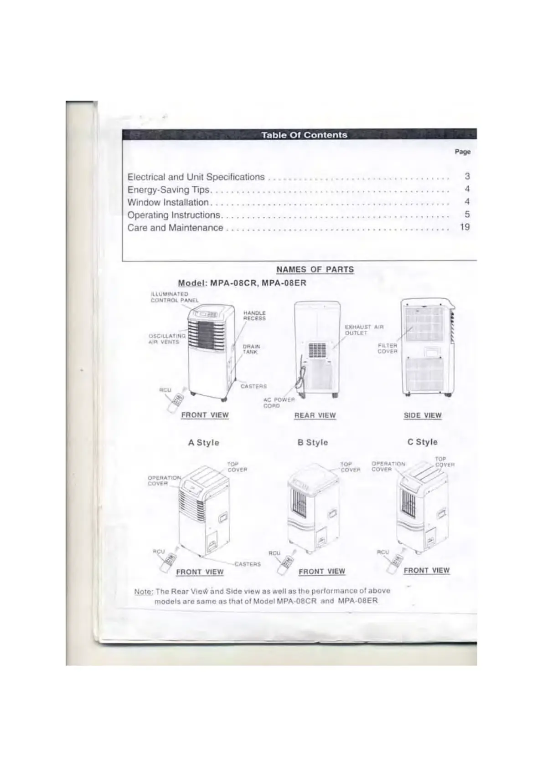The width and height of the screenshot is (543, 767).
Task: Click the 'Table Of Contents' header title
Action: coord(304,135)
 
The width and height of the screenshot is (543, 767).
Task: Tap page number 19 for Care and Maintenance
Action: coord(465,227)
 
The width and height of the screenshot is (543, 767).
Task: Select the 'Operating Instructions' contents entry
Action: coord(174,215)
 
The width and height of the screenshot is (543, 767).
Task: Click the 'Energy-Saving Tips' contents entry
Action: coord(168,189)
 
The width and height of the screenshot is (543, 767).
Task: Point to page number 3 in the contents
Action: coord(467,176)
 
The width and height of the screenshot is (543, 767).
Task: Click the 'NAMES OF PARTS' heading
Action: coord(315,269)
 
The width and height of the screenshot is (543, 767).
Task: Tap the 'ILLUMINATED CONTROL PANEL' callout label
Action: coord(175,297)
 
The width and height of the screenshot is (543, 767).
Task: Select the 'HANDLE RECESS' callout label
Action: coord(254,316)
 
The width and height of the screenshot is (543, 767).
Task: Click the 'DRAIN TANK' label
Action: coord(250,349)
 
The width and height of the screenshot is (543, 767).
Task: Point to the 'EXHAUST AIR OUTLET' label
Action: coord(364,330)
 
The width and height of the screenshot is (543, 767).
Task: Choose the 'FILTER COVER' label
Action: coord(388,348)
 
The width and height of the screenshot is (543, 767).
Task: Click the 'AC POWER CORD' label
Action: coord(279,403)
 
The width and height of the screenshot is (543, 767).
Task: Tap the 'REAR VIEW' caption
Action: coord(315,415)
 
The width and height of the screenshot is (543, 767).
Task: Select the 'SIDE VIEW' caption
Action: coord(423,415)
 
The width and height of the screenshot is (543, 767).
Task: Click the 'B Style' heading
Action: coord(313,442)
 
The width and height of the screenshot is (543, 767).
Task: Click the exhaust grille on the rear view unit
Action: coord(317,350)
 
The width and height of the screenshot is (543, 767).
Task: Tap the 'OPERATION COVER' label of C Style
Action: coord(388,466)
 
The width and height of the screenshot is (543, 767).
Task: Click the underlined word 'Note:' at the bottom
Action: coord(143,592)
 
